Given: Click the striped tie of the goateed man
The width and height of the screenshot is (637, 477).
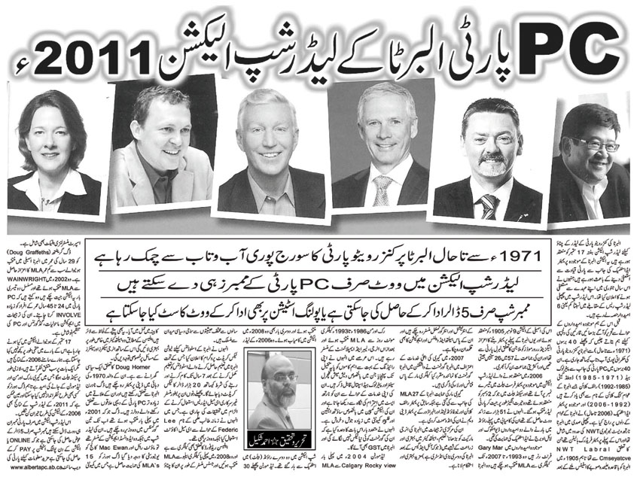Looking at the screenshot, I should point(488,205).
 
